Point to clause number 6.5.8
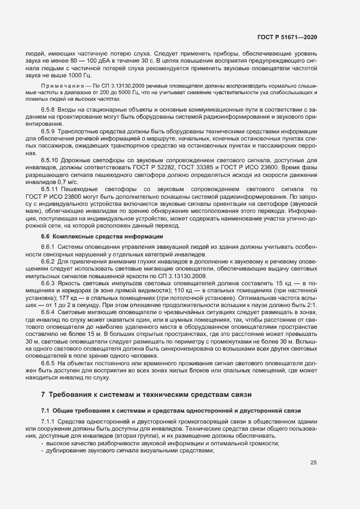[48, 110]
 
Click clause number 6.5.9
[48, 131]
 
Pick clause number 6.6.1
[48, 247]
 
